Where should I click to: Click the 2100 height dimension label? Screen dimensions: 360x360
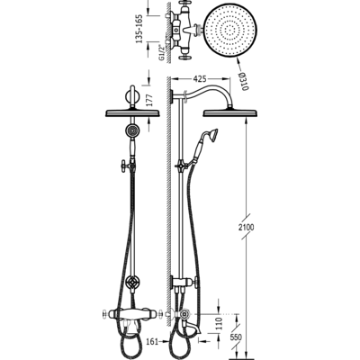coord(247,228)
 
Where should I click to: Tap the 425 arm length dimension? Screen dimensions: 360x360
coord(200,79)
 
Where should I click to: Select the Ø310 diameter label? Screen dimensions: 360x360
coord(244,82)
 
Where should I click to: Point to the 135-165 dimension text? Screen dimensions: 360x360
coord(139,29)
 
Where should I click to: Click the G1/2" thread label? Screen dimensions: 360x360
coord(162,51)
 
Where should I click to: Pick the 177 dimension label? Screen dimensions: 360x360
coord(149,100)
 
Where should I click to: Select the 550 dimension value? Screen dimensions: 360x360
coord(236,337)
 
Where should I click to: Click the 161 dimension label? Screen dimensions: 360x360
coord(153,341)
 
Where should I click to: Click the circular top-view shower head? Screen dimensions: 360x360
coord(230,31)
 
